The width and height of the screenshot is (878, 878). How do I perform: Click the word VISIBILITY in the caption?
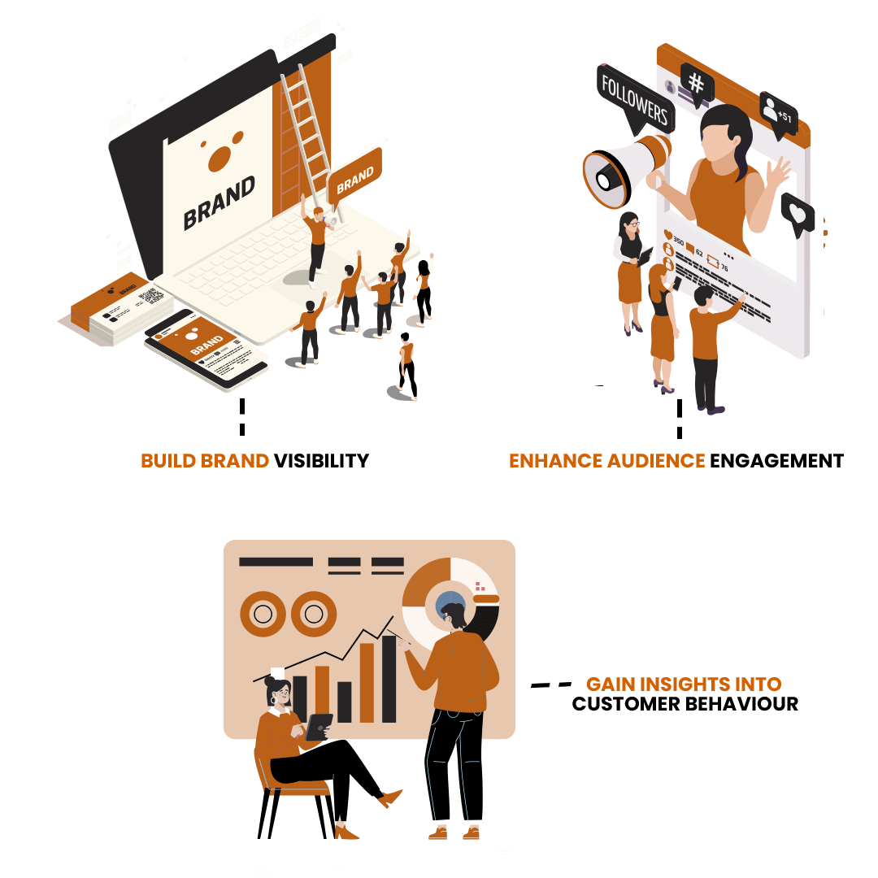coord(321,461)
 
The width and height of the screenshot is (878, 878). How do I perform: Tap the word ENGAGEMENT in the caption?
coord(776,461)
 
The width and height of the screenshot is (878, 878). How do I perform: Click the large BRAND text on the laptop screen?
coord(219,202)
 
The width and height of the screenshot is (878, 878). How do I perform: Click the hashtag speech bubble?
coord(697,82)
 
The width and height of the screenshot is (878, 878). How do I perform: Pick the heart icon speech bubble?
coord(798,214)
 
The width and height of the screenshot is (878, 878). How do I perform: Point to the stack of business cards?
coord(122,313)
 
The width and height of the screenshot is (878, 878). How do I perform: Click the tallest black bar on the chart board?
coord(389,680)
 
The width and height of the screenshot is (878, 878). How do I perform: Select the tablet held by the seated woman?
coord(319,727)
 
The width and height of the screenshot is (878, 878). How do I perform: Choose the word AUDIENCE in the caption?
coord(655,461)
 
